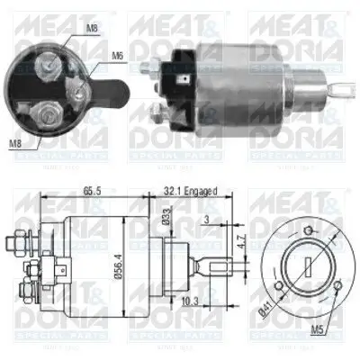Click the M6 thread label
117,57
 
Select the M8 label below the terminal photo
16,142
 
